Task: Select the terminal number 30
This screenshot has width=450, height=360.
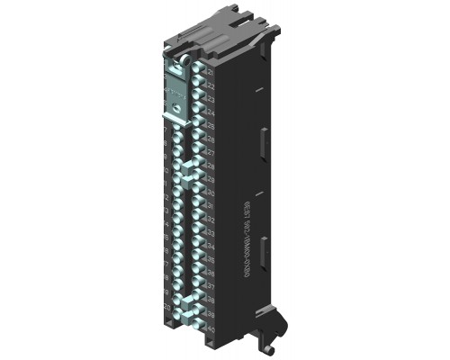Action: (x=209, y=193)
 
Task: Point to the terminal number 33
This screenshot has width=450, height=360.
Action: (x=209, y=232)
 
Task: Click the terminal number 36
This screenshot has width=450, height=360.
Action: (x=209, y=273)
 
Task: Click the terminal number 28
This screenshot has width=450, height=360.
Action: (x=209, y=166)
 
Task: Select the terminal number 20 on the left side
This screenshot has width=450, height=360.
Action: (x=167, y=306)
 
